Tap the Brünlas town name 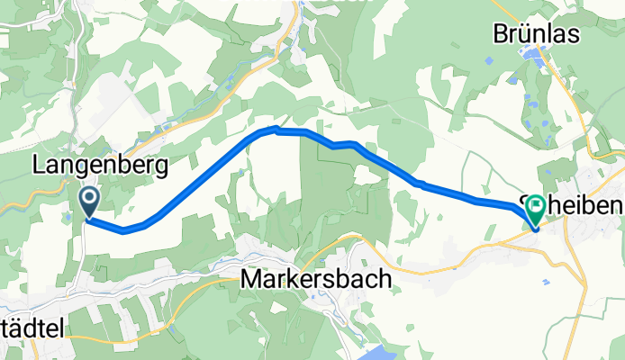[x=536, y=33]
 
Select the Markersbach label [x=317, y=280]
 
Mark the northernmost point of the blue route [x=276, y=130]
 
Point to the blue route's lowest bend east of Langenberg [x=123, y=229]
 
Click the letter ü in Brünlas [x=524, y=33]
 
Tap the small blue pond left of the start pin [x=68, y=217]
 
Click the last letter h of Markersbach [x=385, y=280]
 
